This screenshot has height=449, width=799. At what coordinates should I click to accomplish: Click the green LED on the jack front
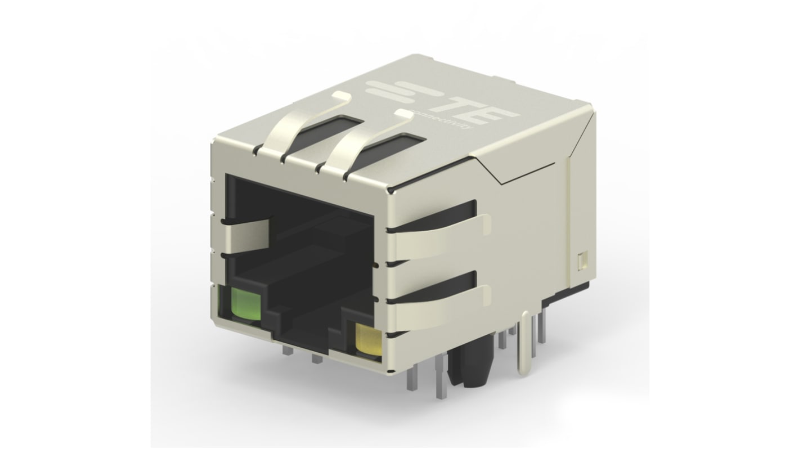click(245, 306)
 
